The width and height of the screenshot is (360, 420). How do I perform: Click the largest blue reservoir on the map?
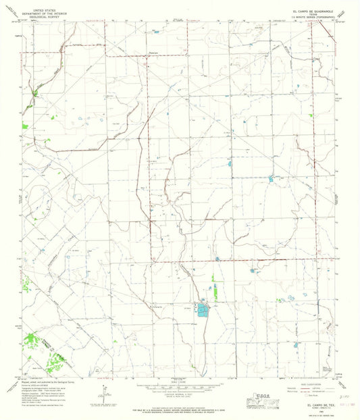202,310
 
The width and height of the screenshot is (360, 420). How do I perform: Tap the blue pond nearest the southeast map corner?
296,344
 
